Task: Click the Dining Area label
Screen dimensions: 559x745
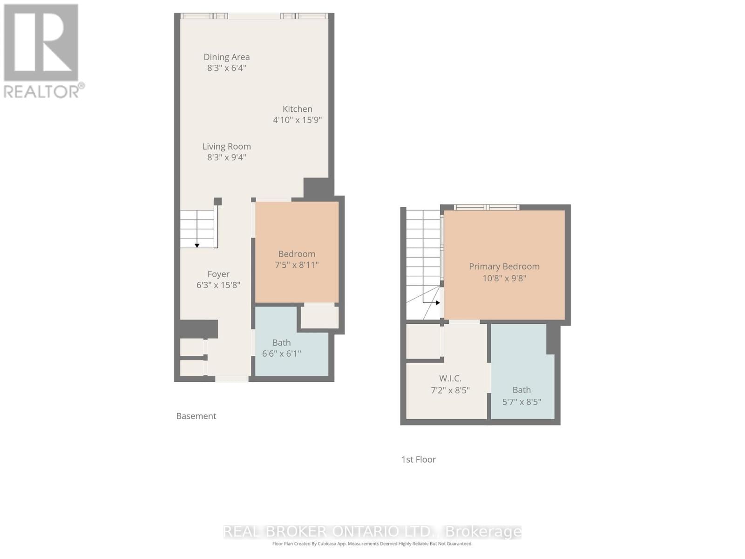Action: pyautogui.click(x=226, y=57)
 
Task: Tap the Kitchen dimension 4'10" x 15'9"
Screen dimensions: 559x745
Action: pyautogui.click(x=297, y=120)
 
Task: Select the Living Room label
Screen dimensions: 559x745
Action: pyautogui.click(x=226, y=146)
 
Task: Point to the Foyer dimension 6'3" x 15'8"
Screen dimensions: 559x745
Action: pyautogui.click(x=218, y=285)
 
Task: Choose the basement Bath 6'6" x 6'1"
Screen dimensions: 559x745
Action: pyautogui.click(x=282, y=348)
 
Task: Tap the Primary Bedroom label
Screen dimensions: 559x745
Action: pyautogui.click(x=504, y=266)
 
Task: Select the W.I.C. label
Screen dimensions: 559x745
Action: pyautogui.click(x=450, y=378)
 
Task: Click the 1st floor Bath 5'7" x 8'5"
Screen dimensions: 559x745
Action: pyautogui.click(x=521, y=395)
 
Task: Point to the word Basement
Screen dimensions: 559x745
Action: pyautogui.click(x=196, y=416)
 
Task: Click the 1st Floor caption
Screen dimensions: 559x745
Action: pyautogui.click(x=418, y=459)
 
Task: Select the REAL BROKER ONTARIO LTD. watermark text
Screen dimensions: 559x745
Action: pyautogui.click(x=372, y=532)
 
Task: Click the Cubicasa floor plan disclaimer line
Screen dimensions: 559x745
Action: pyautogui.click(x=372, y=544)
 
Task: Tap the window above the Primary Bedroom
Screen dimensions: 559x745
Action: pyautogui.click(x=487, y=207)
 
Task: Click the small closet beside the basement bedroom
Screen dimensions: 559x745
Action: pyautogui.click(x=319, y=317)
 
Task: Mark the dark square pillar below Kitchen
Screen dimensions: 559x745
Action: pyautogui.click(x=318, y=187)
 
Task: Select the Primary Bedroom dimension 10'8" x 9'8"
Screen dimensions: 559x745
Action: pyautogui.click(x=504, y=278)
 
